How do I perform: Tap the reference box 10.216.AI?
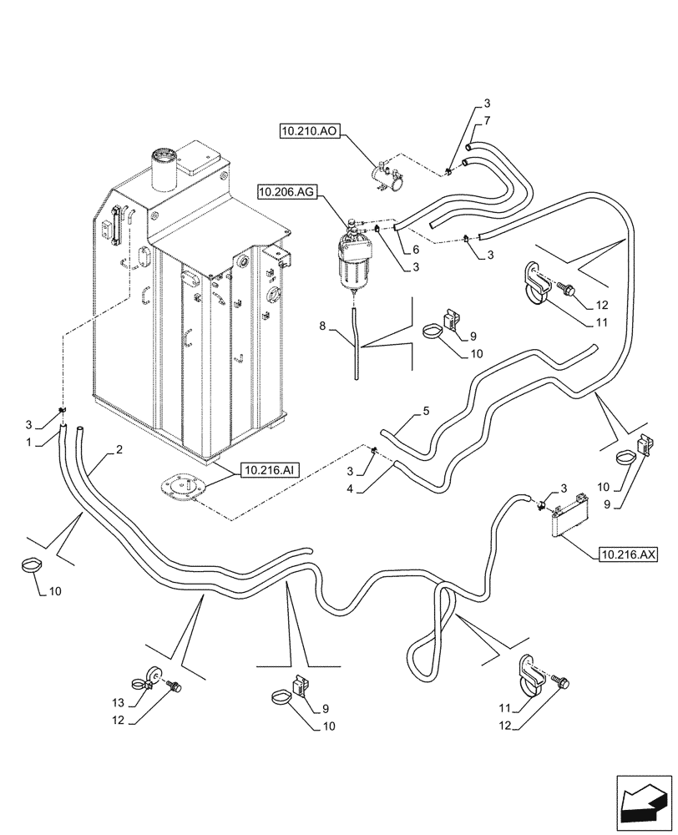tap(269, 471)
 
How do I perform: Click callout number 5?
tap(426, 411)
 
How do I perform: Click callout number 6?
tap(415, 248)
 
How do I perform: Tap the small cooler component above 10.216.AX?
tap(568, 514)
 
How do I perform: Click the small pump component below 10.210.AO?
tap(388, 176)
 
